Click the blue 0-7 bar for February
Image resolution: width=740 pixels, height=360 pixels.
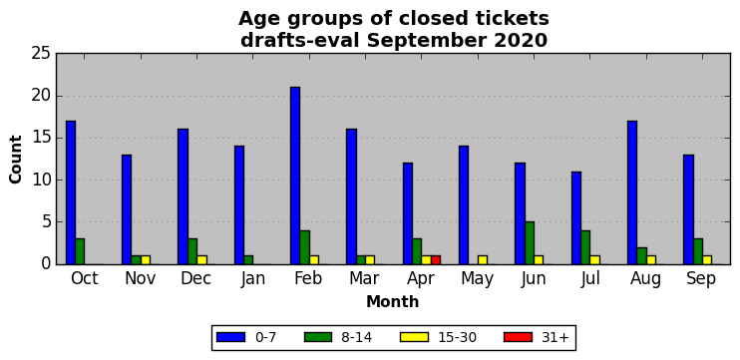[295, 176]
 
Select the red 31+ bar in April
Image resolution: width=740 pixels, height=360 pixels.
[436, 260]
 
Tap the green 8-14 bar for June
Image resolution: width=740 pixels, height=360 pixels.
[530, 243]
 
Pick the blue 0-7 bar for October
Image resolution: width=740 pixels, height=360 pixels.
[71, 192]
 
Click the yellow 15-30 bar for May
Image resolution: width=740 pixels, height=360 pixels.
[483, 260]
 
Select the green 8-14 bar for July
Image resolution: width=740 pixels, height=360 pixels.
[585, 247]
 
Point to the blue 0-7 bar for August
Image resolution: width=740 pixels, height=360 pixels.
[632, 192]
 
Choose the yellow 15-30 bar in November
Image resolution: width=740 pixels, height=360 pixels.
[146, 260]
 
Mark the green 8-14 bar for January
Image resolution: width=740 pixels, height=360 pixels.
[248, 260]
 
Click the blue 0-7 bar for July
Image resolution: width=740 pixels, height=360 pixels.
[576, 218]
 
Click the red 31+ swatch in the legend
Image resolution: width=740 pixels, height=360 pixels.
[519, 337]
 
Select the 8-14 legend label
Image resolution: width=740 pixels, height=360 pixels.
[356, 337]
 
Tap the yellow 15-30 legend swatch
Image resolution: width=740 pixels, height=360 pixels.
[414, 337]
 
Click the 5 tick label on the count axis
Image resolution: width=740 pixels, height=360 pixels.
[45, 222]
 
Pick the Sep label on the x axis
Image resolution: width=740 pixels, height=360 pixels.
[701, 279]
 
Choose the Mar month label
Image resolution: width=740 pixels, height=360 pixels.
[364, 278]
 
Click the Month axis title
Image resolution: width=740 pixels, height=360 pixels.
[393, 301]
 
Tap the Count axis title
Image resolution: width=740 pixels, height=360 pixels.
[16, 159]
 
